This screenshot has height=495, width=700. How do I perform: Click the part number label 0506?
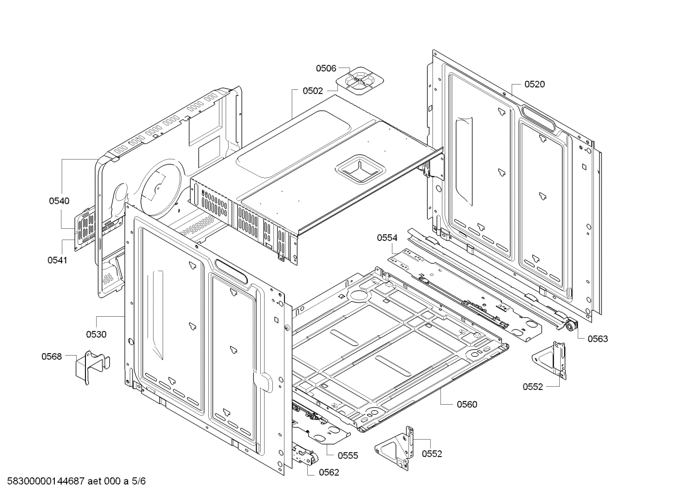[326, 68]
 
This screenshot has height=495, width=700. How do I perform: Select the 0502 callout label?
[313, 91]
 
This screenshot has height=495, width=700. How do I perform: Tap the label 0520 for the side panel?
[534, 84]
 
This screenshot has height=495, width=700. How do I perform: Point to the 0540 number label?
[59, 201]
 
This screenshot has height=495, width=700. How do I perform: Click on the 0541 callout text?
[57, 260]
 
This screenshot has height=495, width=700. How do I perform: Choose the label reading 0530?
[96, 334]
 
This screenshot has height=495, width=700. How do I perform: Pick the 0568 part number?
[51, 357]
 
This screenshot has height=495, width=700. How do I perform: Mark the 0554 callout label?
[387, 238]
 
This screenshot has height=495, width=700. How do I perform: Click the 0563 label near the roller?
[598, 339]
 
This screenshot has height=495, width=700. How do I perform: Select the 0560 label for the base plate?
[467, 404]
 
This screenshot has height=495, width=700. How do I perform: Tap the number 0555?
[348, 455]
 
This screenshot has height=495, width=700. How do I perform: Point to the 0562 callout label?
[329, 472]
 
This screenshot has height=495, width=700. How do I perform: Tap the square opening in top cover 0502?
[360, 168]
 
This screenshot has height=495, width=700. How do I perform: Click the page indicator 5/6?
[138, 481]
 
